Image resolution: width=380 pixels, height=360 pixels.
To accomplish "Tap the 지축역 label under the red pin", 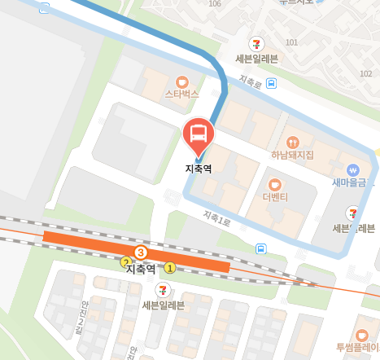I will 199,169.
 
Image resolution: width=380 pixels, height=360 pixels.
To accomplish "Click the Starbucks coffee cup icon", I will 181,81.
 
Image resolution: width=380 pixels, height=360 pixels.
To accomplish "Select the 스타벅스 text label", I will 181,94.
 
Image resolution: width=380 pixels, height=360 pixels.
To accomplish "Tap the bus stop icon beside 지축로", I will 270,83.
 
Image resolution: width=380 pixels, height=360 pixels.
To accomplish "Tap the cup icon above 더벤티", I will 274,184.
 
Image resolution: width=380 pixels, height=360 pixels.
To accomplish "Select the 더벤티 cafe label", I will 275,198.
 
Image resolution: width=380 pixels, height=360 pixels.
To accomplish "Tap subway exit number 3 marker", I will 140,252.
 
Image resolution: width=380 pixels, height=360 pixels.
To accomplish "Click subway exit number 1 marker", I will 170,267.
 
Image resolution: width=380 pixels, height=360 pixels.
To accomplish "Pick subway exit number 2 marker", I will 126,262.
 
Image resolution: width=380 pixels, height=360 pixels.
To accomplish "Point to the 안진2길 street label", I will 79,314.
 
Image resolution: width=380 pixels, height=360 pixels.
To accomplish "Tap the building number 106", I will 215,4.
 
